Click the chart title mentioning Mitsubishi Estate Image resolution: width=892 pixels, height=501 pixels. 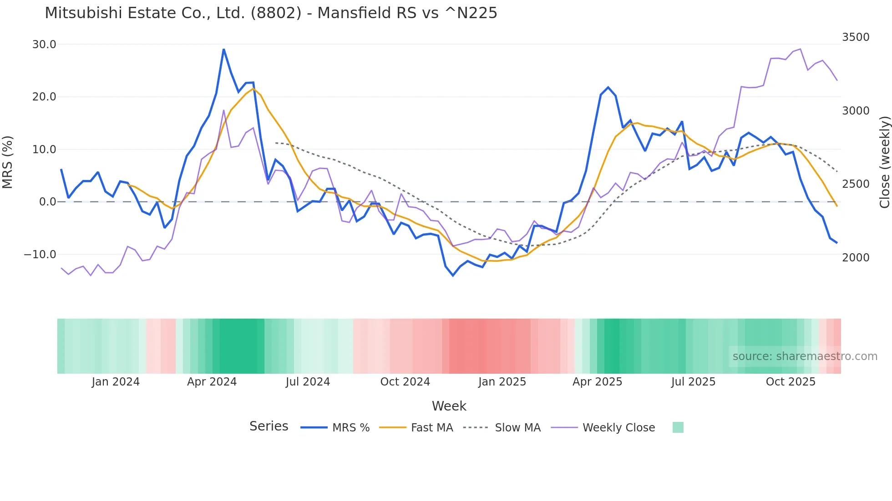(271, 13)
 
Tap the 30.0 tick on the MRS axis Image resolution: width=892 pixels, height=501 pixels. (44, 45)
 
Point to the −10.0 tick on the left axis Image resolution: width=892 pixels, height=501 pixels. (40, 255)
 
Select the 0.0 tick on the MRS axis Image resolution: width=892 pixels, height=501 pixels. (47, 202)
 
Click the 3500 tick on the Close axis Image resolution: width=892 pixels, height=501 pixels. (856, 37)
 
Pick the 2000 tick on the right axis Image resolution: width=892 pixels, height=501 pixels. (856, 258)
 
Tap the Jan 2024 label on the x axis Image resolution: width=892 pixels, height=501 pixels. (116, 382)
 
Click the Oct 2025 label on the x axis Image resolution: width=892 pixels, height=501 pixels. (791, 382)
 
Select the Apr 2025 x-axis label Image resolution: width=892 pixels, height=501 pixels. (597, 382)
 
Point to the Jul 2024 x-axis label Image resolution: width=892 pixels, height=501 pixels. (308, 382)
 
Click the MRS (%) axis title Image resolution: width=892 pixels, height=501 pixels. (8, 162)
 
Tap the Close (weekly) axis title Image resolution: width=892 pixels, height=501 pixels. (884, 162)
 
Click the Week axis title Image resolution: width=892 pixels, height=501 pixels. (449, 406)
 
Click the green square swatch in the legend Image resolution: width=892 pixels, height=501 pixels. (678, 427)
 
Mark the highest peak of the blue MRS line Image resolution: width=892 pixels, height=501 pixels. (223, 49)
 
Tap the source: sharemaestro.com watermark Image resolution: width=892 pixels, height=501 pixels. (805, 356)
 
